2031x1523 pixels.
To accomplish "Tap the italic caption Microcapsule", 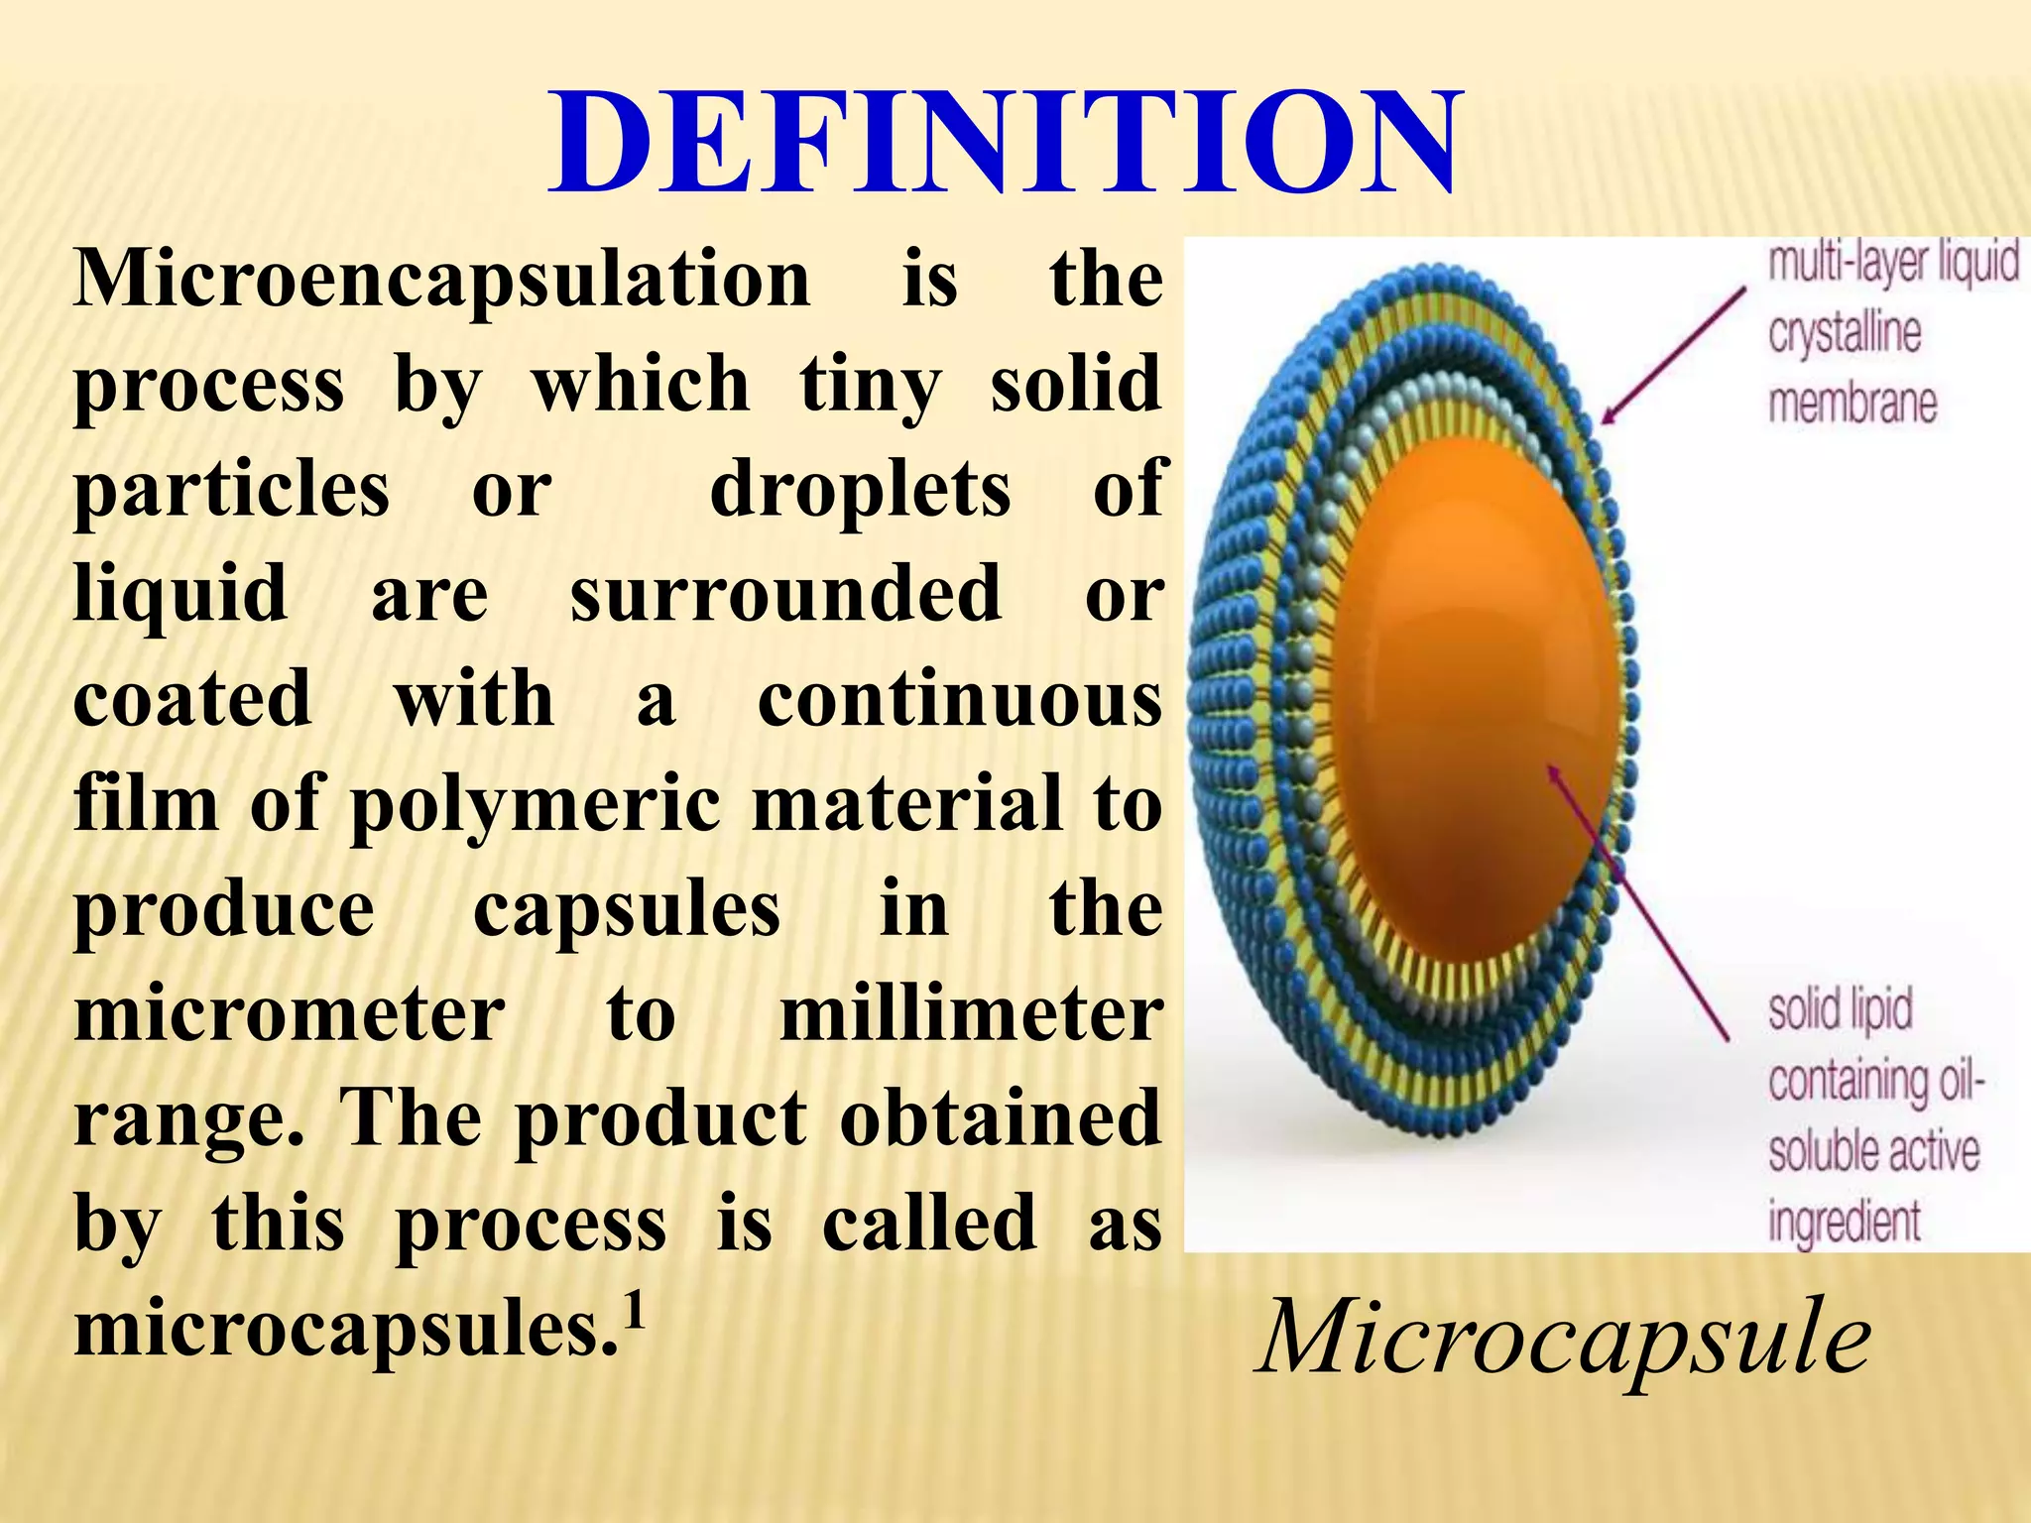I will (1564, 1338).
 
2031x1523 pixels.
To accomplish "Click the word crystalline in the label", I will (1845, 333).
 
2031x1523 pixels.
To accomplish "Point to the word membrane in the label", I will (1852, 405).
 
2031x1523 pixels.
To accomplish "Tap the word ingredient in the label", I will (1845, 1222).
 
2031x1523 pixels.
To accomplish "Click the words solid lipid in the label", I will (1841, 1010).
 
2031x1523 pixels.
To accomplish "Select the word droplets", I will (860, 490).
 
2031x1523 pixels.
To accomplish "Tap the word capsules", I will (627, 909).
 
